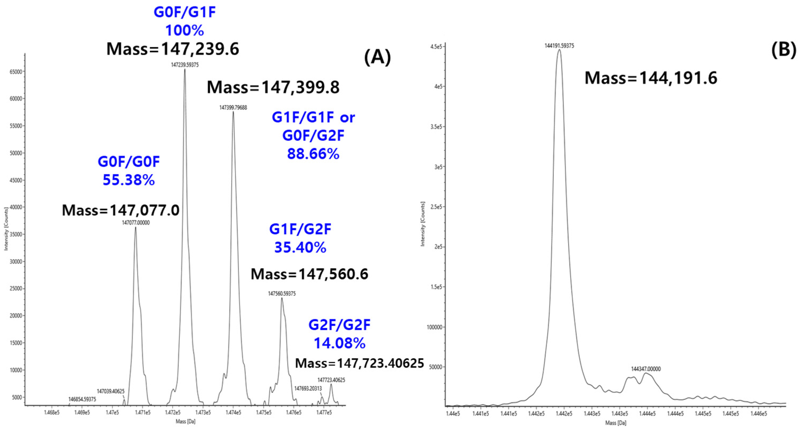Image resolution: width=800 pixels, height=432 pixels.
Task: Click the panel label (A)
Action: click(377, 58)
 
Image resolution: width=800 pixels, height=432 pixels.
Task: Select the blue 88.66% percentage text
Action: click(313, 154)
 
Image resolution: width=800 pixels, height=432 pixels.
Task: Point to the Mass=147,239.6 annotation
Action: click(173, 49)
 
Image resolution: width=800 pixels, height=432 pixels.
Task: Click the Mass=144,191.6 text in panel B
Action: click(651, 78)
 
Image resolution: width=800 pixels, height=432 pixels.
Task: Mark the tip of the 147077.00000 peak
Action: click(135, 227)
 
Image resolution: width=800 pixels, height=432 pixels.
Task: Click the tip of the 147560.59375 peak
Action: click(282, 298)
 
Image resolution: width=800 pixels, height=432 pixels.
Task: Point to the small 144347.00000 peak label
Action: click(646, 369)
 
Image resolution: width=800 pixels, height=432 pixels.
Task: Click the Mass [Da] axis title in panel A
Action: click(185, 421)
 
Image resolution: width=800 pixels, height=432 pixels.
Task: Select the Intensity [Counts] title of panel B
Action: click(423, 224)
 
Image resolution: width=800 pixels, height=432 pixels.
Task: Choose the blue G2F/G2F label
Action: click(339, 325)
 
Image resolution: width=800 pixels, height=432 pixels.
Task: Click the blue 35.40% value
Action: click(300, 248)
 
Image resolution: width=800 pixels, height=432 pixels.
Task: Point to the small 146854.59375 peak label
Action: click(82, 399)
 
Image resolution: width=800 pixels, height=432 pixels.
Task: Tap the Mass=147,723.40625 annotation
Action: click(359, 363)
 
